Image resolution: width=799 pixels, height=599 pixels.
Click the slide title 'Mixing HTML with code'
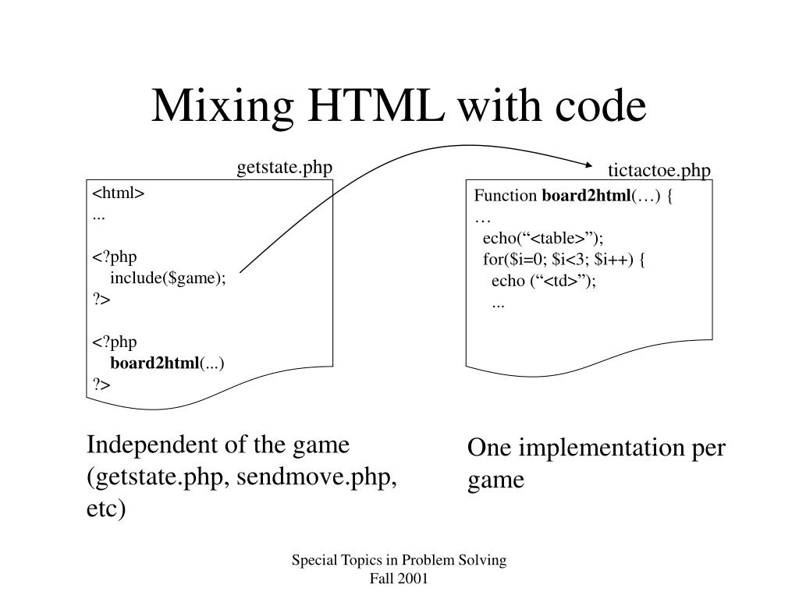click(399, 107)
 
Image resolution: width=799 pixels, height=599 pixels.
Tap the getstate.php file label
click(285, 168)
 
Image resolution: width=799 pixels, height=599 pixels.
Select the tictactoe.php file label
click(659, 171)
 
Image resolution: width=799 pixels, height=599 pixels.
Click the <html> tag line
click(119, 194)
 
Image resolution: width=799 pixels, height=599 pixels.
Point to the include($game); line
click(168, 279)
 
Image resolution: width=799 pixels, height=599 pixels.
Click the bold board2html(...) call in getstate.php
click(167, 363)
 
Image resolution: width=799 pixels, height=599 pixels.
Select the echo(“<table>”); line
click(543, 238)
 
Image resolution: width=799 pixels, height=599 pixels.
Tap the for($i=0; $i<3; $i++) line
click(563, 259)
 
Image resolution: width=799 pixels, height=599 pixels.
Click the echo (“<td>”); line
click(543, 281)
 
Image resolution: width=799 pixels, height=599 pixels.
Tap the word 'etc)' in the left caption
click(106, 509)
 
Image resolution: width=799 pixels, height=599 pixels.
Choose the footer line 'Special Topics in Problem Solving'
click(399, 560)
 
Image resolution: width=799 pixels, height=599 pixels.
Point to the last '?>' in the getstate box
click(101, 385)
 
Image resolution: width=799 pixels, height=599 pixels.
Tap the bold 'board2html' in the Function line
click(585, 196)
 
